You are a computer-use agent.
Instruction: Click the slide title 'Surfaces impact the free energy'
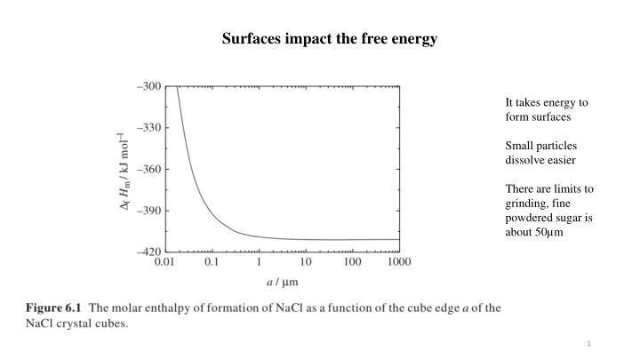point(320,39)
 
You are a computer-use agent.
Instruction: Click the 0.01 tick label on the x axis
point(164,262)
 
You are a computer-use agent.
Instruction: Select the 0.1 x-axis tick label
point(211,262)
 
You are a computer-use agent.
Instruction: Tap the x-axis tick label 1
point(259,262)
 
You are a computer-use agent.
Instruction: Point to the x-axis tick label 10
point(306,262)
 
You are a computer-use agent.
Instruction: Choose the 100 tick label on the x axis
point(352,262)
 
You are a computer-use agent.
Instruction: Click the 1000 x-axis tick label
point(399,262)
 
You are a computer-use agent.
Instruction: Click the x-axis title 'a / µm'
point(281,283)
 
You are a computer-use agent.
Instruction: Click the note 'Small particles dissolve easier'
point(540,152)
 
